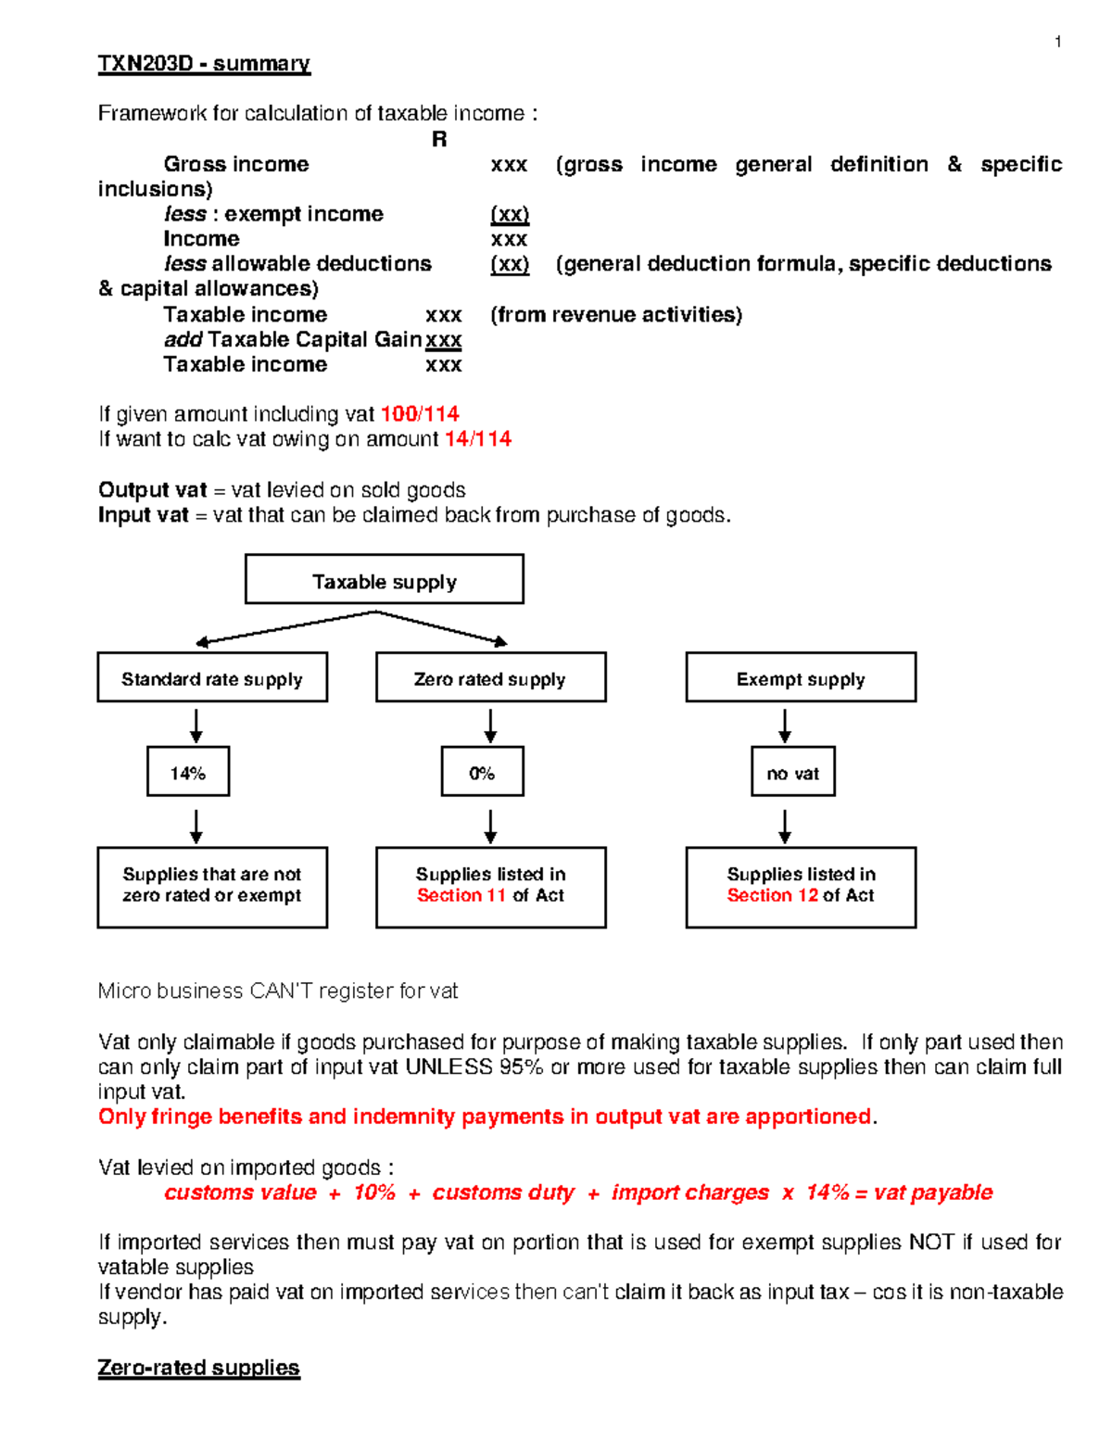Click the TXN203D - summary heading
point(204,64)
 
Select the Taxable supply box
point(384,580)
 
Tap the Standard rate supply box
point(212,678)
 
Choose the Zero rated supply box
point(490,678)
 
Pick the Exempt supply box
point(801,678)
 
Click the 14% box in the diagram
point(188,772)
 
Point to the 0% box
point(482,772)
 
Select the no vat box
point(792,772)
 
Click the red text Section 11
point(461,896)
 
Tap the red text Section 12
point(772,896)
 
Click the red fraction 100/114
point(420,414)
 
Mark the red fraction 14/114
point(477,439)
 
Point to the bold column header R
point(439,140)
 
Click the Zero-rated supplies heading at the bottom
point(198,1368)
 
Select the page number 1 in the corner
point(1057,42)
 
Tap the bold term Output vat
point(152,490)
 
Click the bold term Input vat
point(143,515)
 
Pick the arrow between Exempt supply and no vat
point(785,726)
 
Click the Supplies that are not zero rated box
point(212,887)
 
